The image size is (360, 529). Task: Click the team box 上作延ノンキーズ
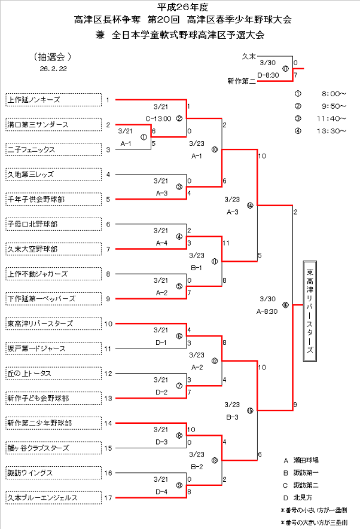53,100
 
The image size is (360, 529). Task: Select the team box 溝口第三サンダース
53,125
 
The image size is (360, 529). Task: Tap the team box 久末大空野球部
53,249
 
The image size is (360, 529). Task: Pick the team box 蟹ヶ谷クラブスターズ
53,448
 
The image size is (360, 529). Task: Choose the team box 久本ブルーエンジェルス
53,497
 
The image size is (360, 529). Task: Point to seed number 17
108,497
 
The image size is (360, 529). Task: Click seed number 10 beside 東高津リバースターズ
108,323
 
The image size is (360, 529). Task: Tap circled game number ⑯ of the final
285,305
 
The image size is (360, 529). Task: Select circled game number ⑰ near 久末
285,69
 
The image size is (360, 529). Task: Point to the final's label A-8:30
269,311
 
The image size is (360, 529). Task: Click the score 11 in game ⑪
225,243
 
